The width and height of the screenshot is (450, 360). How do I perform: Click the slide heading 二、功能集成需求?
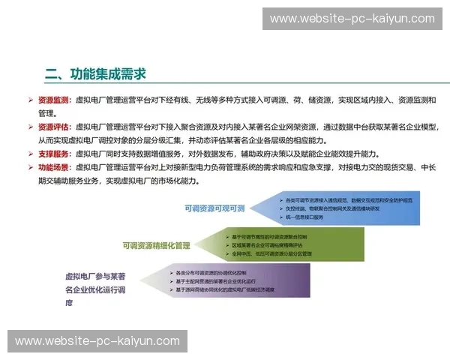95,73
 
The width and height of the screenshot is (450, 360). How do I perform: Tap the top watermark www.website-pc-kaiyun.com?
352,19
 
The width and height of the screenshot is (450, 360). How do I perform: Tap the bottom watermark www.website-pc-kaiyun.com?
97,341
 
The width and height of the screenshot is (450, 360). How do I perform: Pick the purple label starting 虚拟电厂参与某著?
96,277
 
